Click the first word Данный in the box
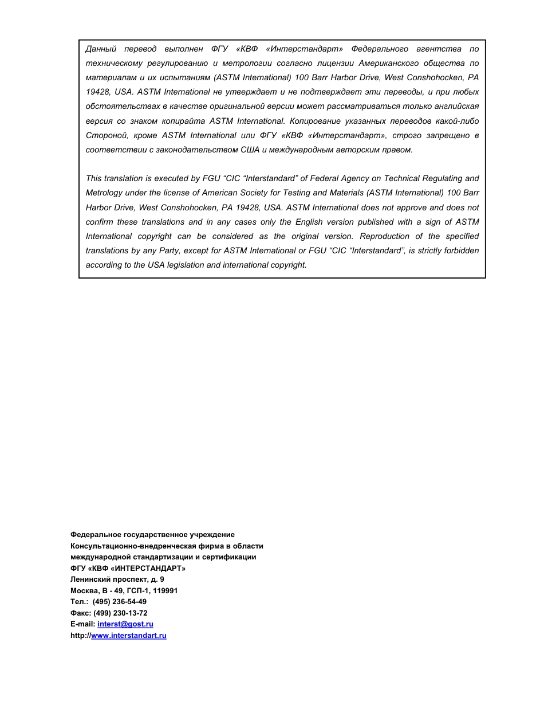coord(101,49)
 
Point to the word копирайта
coord(183,121)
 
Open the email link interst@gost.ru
coord(125,624)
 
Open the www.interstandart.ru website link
coord(129,636)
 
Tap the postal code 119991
coord(165,591)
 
